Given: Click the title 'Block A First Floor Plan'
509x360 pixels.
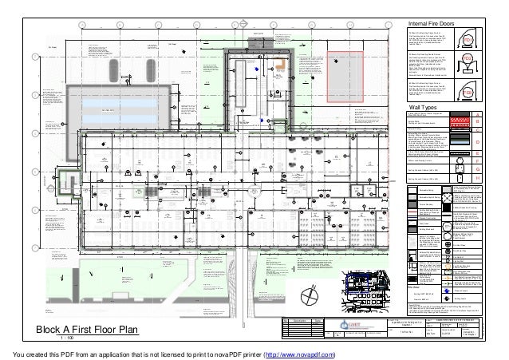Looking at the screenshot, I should pyautogui.click(x=95, y=329).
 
